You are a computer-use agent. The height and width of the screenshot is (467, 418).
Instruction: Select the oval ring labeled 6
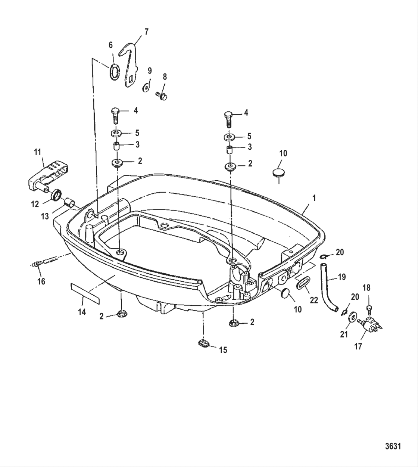point(115,73)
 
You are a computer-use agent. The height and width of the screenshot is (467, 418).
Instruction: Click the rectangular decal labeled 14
point(85,294)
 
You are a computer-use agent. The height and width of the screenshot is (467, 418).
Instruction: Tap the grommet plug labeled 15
point(204,343)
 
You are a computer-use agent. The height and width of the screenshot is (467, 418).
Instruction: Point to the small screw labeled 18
point(369,309)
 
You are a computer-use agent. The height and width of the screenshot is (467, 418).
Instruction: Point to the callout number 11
point(37,152)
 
